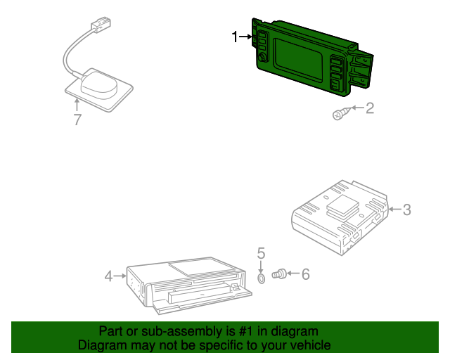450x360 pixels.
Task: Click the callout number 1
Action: (x=235, y=37)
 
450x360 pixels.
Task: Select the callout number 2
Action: (x=370, y=108)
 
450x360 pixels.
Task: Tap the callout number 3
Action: (x=407, y=210)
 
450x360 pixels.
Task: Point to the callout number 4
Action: (x=108, y=276)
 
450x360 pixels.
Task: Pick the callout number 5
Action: (x=261, y=253)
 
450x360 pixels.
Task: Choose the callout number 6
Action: (x=306, y=274)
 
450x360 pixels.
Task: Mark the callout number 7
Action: (x=77, y=120)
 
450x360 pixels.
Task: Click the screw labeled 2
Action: (x=341, y=113)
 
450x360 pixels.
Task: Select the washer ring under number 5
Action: (x=261, y=278)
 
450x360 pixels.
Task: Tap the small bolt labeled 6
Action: (x=279, y=274)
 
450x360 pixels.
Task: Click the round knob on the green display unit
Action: (x=262, y=58)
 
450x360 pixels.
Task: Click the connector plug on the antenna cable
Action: (x=101, y=23)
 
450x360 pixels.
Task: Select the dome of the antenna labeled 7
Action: (x=99, y=85)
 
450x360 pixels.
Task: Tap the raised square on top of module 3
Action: (x=343, y=203)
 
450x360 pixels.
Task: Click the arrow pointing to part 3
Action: (x=395, y=210)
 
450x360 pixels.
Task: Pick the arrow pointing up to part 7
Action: (x=77, y=105)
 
